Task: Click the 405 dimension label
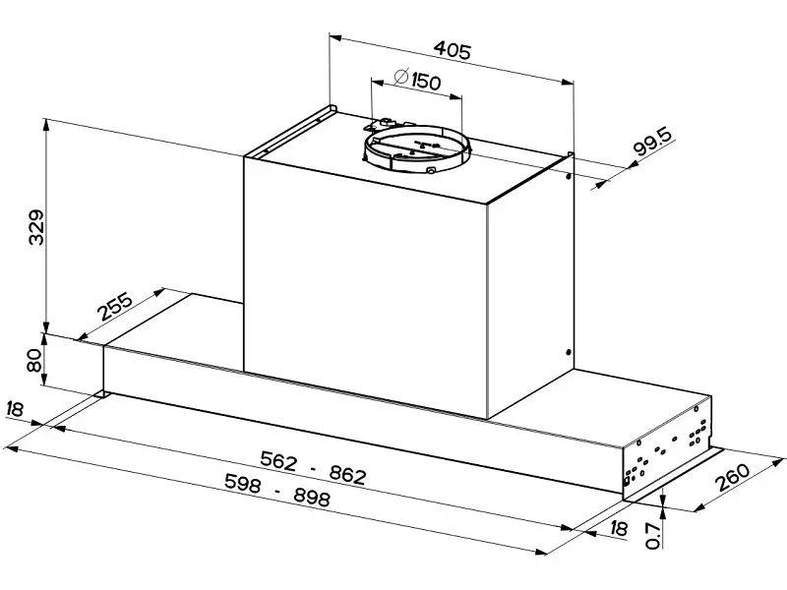(453, 50)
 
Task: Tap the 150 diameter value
(426, 82)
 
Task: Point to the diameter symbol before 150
(401, 77)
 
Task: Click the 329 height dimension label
(36, 227)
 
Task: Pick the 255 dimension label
(116, 306)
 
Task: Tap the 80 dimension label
(34, 361)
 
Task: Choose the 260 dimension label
(733, 477)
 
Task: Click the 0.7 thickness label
(652, 535)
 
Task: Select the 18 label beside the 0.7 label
(619, 528)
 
